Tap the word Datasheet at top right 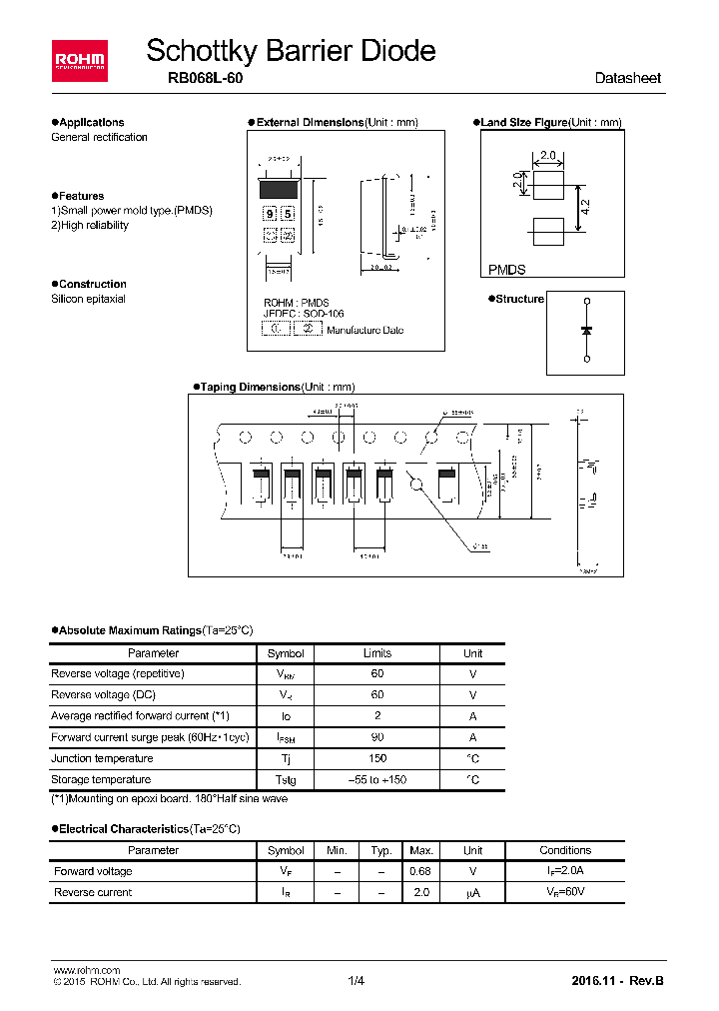pos(627,78)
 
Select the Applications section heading pos(90,123)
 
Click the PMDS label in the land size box pos(507,270)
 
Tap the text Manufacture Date pos(364,330)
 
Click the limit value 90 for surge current pos(377,737)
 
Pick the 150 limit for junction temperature pos(377,758)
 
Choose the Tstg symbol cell pos(286,779)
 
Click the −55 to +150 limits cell pos(377,779)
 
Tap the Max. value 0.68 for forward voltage pos(421,871)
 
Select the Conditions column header pos(565,850)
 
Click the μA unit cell pos(472,892)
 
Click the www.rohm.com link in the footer pos(86,970)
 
